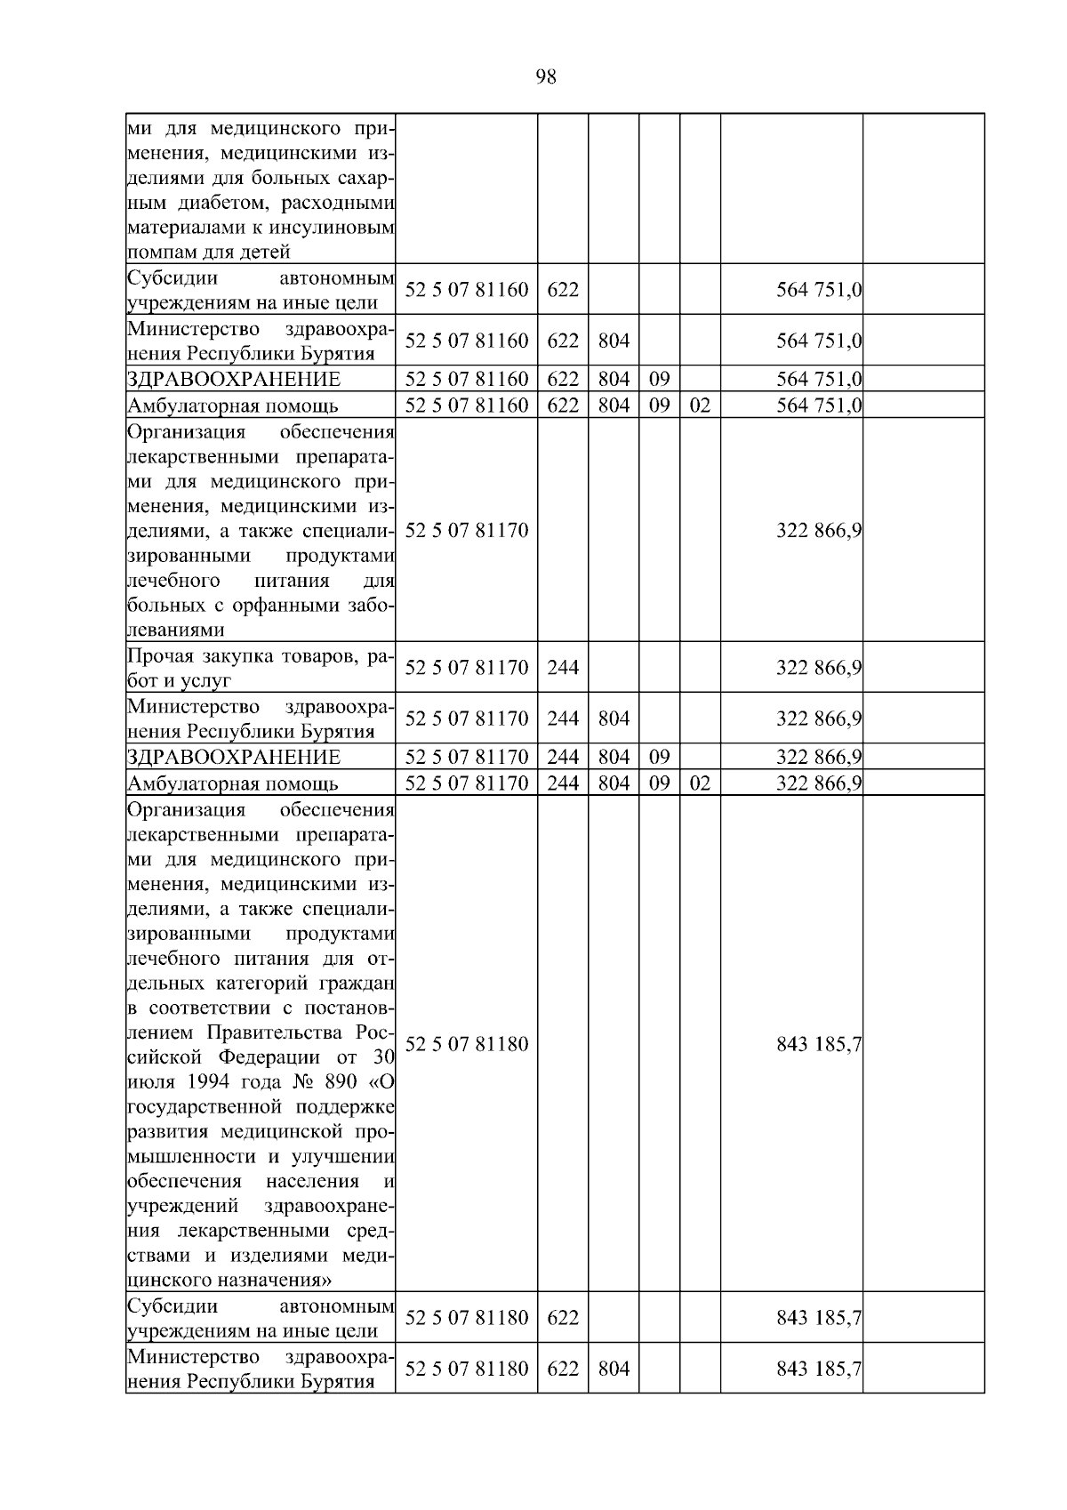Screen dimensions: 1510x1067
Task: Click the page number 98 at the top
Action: pos(546,77)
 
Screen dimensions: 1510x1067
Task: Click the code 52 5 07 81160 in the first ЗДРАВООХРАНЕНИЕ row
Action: pos(467,380)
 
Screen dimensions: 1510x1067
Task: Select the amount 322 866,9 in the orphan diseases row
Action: pos(818,531)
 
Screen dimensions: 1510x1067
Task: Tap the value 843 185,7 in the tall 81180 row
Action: pos(818,1044)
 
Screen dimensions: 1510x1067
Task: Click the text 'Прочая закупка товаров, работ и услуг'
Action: pos(260,668)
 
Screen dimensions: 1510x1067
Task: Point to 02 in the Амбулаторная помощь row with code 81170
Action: pos(700,784)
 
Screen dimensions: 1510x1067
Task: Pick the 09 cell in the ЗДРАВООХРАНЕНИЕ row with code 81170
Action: pos(659,758)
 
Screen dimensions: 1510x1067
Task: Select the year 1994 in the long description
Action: pos(211,1083)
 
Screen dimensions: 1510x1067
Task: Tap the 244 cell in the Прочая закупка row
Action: pos(562,668)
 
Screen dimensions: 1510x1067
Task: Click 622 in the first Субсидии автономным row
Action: pos(562,290)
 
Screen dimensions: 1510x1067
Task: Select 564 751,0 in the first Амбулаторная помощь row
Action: pos(818,406)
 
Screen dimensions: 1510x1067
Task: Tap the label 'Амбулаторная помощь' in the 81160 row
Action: pos(233,407)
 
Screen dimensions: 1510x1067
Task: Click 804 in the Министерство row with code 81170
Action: pos(614,719)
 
